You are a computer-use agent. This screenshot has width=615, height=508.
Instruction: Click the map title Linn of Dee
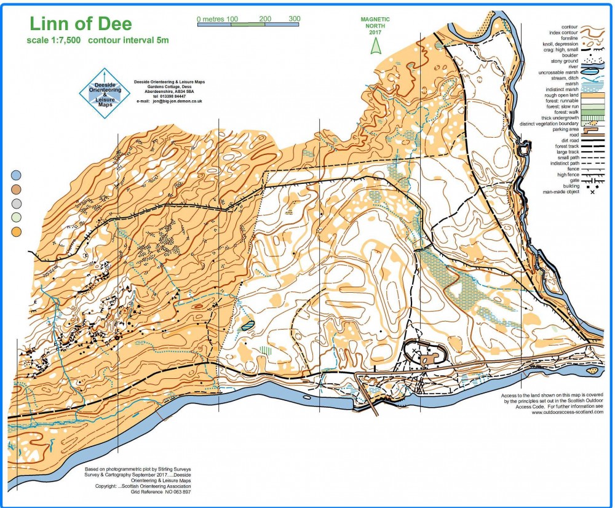[x=80, y=24]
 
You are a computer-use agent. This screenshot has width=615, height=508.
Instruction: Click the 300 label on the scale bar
[x=294, y=19]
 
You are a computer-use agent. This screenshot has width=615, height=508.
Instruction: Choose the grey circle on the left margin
[x=17, y=204]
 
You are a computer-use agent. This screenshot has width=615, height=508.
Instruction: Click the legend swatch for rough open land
[x=593, y=95]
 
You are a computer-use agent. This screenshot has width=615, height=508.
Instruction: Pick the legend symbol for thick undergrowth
[x=593, y=118]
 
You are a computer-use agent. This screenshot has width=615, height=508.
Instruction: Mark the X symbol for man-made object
[x=593, y=192]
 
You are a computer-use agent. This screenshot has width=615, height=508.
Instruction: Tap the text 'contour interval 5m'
[x=129, y=41]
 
